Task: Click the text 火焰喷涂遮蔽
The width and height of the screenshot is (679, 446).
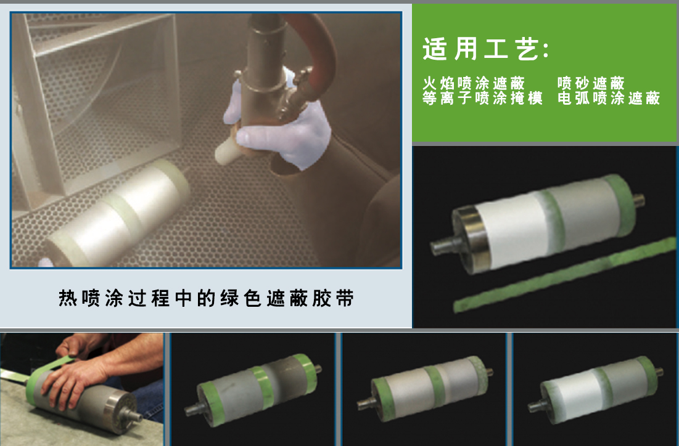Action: click(474, 83)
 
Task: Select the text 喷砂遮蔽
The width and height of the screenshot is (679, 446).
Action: click(591, 83)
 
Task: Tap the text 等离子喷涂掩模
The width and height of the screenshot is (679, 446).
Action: click(482, 99)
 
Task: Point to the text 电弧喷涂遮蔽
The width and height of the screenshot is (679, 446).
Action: click(608, 99)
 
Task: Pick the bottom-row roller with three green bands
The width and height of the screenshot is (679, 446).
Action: click(426, 388)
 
